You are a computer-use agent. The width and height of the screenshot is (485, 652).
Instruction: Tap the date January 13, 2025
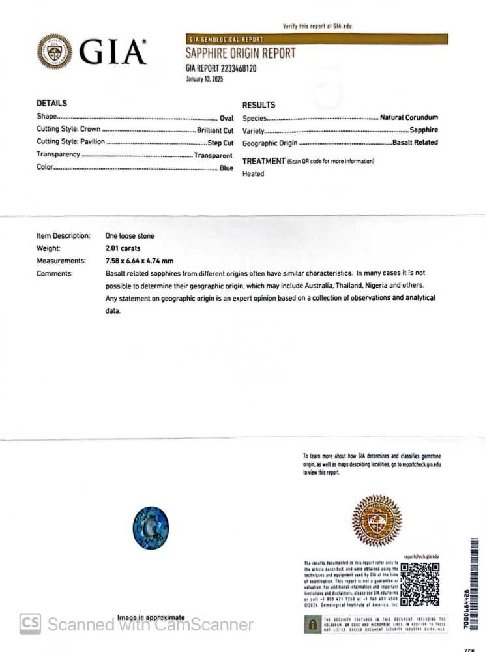205,78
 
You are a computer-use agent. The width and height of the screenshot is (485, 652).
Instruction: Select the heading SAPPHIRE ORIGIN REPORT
241,53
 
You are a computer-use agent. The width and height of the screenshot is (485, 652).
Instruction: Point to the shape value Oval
226,117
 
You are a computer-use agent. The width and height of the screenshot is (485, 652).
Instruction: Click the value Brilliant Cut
214,130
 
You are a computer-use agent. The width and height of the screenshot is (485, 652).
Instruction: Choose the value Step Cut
220,142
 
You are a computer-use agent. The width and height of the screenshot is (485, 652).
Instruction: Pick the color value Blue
226,168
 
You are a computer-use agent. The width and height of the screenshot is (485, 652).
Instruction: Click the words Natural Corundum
409,118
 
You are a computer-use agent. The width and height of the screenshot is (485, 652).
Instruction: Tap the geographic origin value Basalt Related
415,143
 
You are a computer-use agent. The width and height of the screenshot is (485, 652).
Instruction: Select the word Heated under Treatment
254,174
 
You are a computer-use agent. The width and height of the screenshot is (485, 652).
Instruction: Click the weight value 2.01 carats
123,248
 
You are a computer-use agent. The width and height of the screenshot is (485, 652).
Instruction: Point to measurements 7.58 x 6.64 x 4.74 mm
140,261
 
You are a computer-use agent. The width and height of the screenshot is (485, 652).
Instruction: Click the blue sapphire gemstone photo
151,527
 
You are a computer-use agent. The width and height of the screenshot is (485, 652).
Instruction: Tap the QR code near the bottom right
419,584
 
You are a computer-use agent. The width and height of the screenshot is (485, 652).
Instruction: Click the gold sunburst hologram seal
376,520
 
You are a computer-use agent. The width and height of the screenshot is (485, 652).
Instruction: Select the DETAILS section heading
51,103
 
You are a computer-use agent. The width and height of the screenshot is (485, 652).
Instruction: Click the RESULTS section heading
259,105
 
